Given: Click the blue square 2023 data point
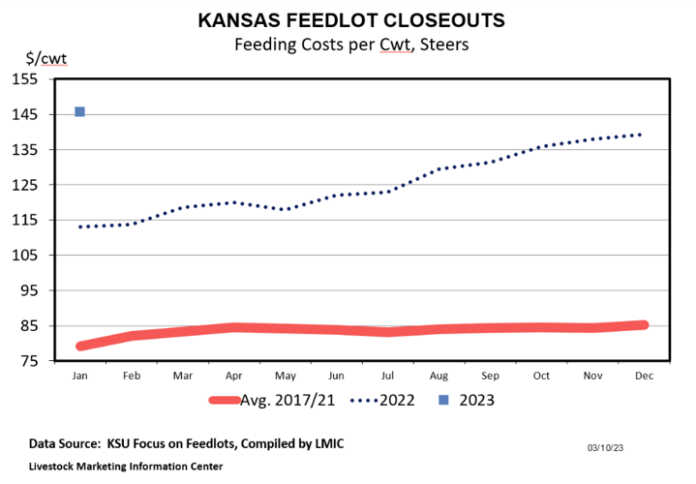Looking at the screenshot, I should [x=79, y=112].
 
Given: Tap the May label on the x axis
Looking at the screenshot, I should [x=285, y=373].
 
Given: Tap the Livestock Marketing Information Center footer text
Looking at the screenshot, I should [x=126, y=466].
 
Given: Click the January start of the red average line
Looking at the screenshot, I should [x=80, y=346].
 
